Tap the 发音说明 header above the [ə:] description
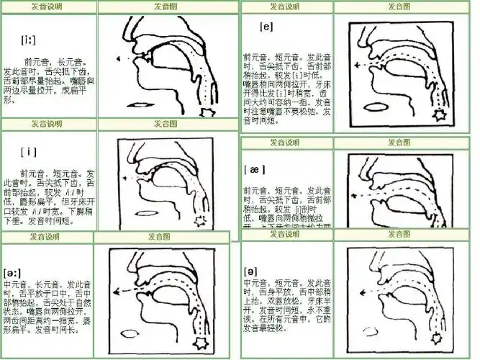[42, 236]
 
